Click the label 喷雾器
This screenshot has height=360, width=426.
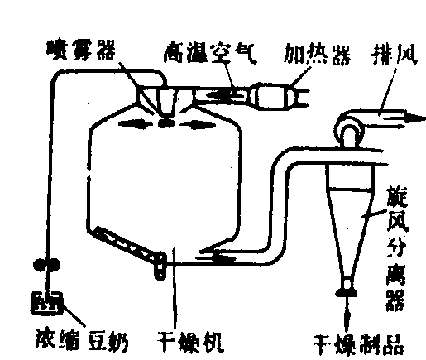pos(80,51)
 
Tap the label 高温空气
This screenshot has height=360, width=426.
pos(210,53)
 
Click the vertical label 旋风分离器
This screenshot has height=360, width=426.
pos(396,248)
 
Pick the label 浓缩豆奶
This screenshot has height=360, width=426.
pos(82,340)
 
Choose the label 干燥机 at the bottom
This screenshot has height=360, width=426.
pos(190,342)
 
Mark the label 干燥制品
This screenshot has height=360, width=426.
pos(359,346)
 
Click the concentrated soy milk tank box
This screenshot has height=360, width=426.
pos(47,303)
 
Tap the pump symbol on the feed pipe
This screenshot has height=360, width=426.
pos(46,265)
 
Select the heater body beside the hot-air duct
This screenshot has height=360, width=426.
pos(273,96)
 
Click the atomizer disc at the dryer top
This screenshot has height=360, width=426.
pos(166,123)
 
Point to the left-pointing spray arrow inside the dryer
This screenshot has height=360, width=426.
pos(135,123)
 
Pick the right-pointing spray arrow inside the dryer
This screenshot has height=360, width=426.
pos(198,124)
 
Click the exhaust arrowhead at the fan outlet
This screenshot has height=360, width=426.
pos(416,118)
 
